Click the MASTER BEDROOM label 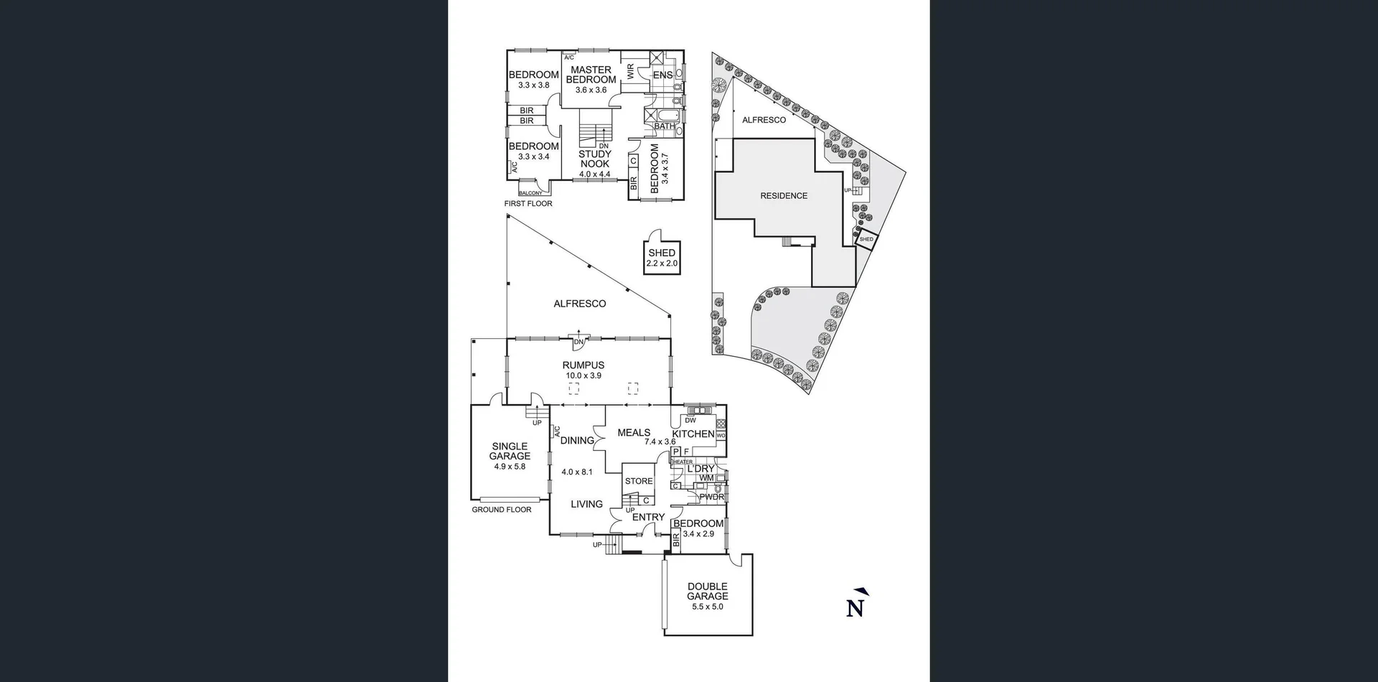pos(591,75)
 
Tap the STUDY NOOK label pos(595,159)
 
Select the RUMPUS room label pos(583,365)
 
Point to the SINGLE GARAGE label pos(510,451)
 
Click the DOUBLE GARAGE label pos(708,592)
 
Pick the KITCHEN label pos(693,434)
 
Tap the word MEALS pos(634,432)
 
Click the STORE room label pos(639,481)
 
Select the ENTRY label pos(648,517)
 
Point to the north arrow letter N pos(855,607)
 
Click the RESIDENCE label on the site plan pos(784,196)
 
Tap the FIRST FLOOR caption pos(528,204)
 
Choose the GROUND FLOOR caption pos(502,510)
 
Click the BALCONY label pos(531,193)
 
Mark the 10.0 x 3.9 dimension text pos(583,375)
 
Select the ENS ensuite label pos(662,75)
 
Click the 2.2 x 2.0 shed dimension pos(662,263)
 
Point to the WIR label pos(631,71)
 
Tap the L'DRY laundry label pos(700,469)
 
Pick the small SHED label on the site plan pos(866,239)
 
